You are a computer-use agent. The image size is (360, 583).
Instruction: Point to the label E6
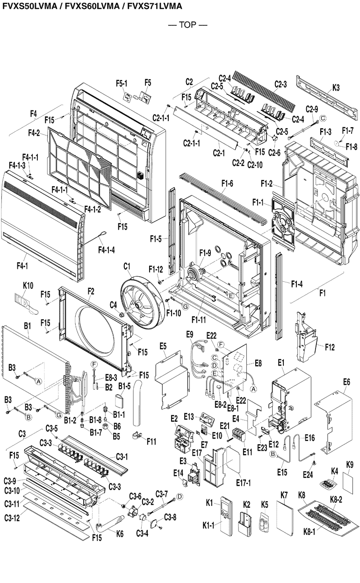point(346,382)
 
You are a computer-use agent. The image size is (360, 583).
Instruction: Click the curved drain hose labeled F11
point(140,411)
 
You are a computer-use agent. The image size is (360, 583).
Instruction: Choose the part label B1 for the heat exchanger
point(27,324)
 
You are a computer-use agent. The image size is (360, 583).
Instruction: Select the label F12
point(330,347)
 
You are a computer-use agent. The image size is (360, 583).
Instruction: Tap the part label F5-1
point(122,83)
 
